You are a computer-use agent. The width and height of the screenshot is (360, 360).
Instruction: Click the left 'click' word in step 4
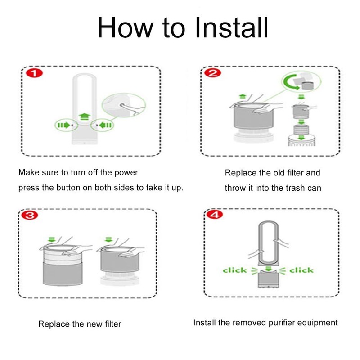pos(234,270)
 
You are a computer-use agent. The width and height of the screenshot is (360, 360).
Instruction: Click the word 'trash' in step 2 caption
pos(288,188)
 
